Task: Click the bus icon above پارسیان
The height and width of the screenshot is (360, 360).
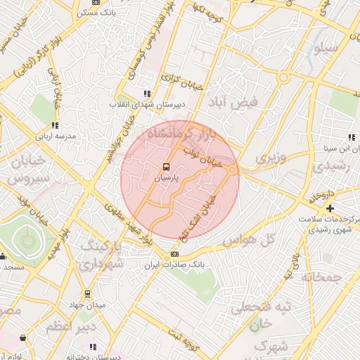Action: pyautogui.click(x=167, y=167)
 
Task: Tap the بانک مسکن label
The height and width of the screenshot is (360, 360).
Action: pyautogui.click(x=96, y=13)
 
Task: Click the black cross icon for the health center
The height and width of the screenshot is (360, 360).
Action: pyautogui.click(x=330, y=208)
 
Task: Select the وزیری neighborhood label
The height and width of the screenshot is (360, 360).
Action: pyautogui.click(x=271, y=157)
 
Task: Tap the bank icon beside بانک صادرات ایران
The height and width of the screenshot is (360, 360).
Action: pyautogui.click(x=174, y=254)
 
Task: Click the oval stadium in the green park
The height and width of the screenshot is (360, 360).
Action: pyautogui.click(x=28, y=241)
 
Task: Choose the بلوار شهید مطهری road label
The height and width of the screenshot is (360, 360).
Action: pyautogui.click(x=128, y=225)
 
